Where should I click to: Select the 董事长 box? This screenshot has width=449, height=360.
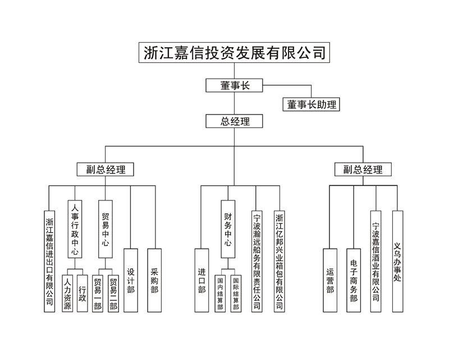pyautogui.click(x=234, y=85)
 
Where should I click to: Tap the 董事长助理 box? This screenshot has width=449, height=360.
pyautogui.click(x=311, y=104)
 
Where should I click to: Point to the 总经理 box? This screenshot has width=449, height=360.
pyautogui.click(x=234, y=121)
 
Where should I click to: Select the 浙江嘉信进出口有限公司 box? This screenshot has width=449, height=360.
pyautogui.click(x=50, y=261)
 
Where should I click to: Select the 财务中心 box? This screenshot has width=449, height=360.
pyautogui.click(x=227, y=229)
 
